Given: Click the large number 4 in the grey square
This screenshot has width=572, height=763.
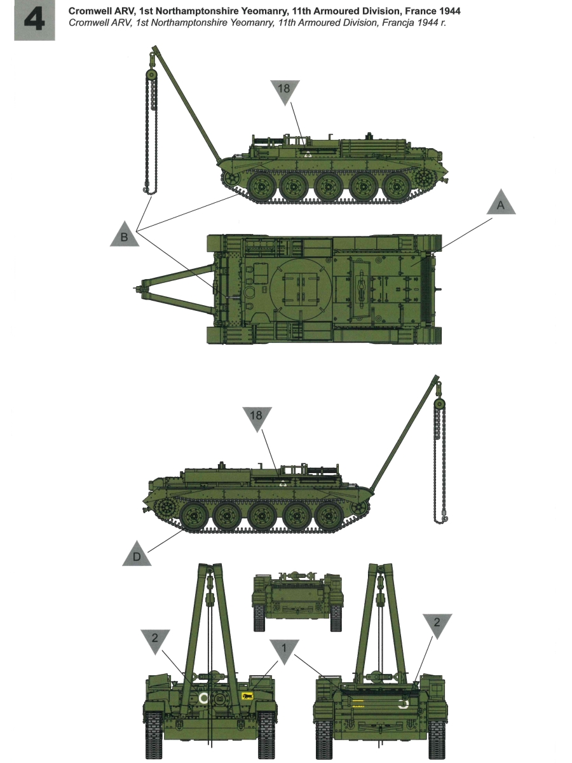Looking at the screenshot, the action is coord(34,20).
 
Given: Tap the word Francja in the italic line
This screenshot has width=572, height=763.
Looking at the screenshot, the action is coord(386,24).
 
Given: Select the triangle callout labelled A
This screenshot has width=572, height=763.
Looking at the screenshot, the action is coord(501,202).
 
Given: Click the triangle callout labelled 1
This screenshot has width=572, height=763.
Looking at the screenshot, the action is coord(284,648).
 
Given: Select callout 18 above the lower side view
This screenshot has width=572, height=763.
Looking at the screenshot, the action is coord(256,418).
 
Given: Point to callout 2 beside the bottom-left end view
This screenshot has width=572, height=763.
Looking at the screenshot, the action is coord(155,638).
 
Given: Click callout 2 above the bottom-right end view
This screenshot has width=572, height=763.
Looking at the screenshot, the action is coord(437,622).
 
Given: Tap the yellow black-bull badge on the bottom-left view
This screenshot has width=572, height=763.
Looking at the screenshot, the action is coord(247,696).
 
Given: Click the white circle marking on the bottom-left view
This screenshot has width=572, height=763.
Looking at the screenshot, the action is coord(203,698).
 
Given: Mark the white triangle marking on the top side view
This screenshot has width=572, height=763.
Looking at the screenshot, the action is coord(308,155).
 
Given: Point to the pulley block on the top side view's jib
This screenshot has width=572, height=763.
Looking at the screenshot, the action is coord(151,74).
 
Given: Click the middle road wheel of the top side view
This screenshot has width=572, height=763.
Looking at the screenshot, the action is coord(328,187).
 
